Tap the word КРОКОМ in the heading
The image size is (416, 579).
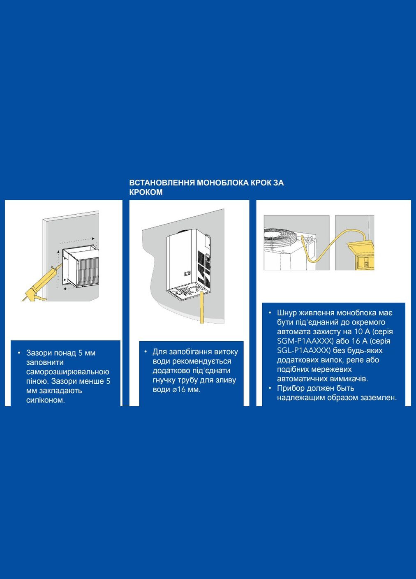pyautogui.click(x=146, y=192)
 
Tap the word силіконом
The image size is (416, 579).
pyautogui.click(x=46, y=400)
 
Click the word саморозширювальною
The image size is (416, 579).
pyautogui.click(x=68, y=372)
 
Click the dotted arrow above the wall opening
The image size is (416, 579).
pyautogui.click(x=77, y=241)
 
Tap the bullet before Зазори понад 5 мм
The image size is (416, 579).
pyautogui.click(x=19, y=353)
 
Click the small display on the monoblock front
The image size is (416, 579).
pyautogui.click(x=187, y=273)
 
